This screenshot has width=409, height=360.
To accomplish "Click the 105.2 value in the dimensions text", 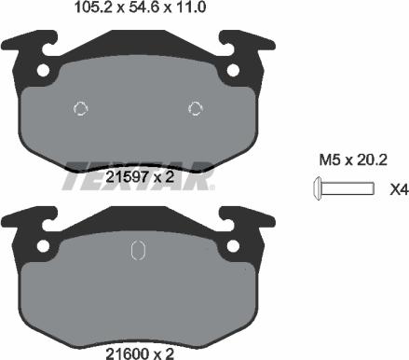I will point(89,9).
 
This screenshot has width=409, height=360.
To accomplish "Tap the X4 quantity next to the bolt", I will point(398,190).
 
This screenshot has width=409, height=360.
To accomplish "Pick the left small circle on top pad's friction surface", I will point(80,107).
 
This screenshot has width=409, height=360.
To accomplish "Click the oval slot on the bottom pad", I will point(136,252).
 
